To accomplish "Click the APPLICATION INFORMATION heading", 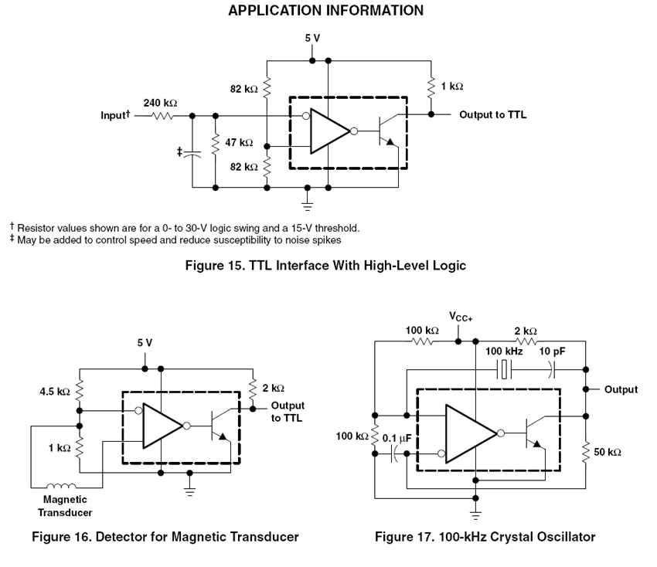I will pos(325,11).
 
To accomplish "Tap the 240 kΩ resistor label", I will pos(159,103).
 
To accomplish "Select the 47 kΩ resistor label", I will pos(239,143).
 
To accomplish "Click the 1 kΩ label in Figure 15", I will pos(452,87).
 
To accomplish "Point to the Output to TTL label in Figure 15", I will pos(492,115).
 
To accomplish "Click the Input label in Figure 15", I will pos(116,116).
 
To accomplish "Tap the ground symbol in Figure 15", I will pos(308,205).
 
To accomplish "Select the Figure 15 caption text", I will pos(325,266).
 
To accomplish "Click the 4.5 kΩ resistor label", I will pos(54,392).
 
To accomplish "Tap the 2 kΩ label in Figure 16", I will pos(273,389).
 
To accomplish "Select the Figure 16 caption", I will pos(165,537).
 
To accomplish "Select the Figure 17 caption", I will pos(485,537).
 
